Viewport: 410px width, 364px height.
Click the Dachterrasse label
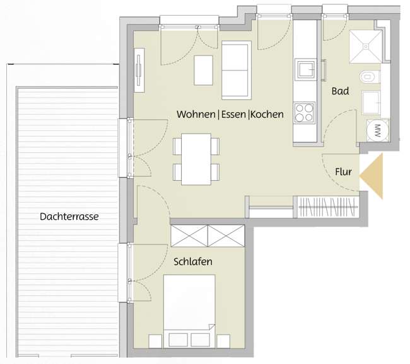(x=69, y=216)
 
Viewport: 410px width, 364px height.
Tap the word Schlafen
(x=193, y=261)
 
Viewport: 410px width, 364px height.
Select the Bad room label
(x=340, y=91)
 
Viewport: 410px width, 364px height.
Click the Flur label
(x=343, y=171)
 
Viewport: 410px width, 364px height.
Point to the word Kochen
(x=267, y=115)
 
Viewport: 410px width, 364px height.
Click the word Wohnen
(x=196, y=115)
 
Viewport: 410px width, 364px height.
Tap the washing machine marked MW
(x=377, y=130)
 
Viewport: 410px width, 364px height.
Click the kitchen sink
(x=306, y=69)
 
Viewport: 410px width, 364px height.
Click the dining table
(x=196, y=158)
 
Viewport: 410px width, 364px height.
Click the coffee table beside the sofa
(x=204, y=70)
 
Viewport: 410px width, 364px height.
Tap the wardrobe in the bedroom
(x=208, y=236)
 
